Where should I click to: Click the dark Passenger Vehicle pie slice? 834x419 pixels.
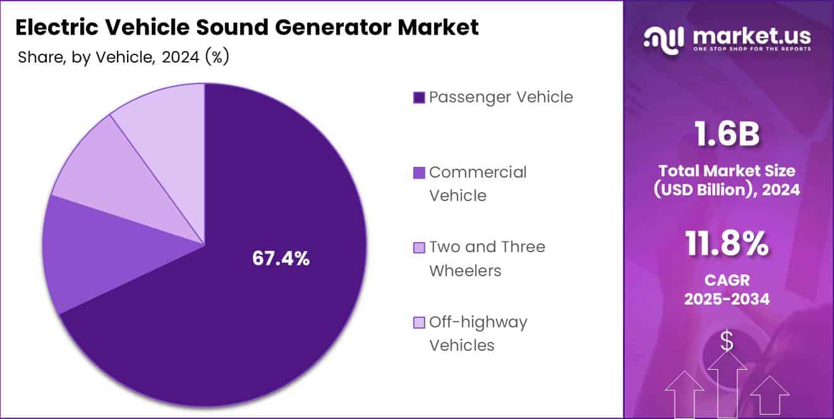coord(253,316)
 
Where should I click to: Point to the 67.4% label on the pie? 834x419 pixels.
coord(281,258)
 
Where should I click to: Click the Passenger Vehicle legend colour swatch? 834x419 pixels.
coord(418,98)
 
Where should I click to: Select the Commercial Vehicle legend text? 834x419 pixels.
coord(477,184)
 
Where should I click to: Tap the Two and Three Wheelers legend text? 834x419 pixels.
coord(486,258)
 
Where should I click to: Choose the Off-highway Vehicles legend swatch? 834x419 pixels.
coord(418,323)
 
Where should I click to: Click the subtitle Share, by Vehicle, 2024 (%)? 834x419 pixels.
coord(123,58)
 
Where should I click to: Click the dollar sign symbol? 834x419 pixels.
coord(727,342)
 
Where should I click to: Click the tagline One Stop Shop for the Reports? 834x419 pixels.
coord(752,49)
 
